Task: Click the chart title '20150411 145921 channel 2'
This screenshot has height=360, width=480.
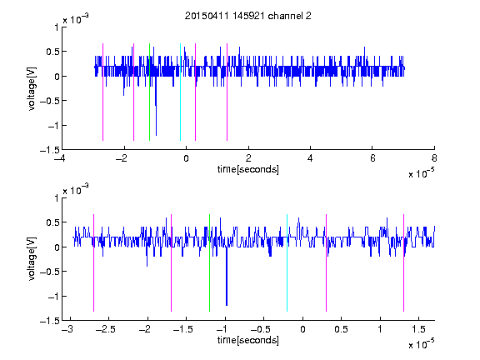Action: [x=248, y=16]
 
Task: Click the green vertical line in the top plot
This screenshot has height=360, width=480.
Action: [x=149, y=92]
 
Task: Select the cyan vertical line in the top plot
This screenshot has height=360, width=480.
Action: [x=180, y=92]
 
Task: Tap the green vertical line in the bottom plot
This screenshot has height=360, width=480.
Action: [x=209, y=262]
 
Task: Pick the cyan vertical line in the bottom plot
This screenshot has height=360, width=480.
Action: [x=287, y=262]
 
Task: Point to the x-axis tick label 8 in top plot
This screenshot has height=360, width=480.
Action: [x=434, y=158]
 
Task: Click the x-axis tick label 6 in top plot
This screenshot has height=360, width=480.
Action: [x=372, y=158]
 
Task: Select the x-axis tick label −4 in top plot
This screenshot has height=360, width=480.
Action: [x=60, y=158]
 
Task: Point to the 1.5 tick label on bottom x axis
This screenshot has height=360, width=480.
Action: [x=418, y=329]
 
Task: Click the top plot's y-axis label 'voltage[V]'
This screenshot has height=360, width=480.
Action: [x=32, y=88]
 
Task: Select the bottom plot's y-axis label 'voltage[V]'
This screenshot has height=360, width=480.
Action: [x=32, y=259]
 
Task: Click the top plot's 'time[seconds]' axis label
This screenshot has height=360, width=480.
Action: [x=248, y=169]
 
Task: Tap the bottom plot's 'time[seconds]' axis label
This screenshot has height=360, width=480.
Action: [x=248, y=340]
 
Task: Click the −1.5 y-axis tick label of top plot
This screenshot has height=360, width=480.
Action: [x=49, y=150]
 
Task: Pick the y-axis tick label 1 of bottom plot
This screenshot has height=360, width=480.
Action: [x=57, y=198]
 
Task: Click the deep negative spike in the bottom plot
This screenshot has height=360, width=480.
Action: [x=227, y=276]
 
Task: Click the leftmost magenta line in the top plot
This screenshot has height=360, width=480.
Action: [x=102, y=92]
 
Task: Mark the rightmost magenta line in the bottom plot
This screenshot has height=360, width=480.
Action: [x=403, y=262]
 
